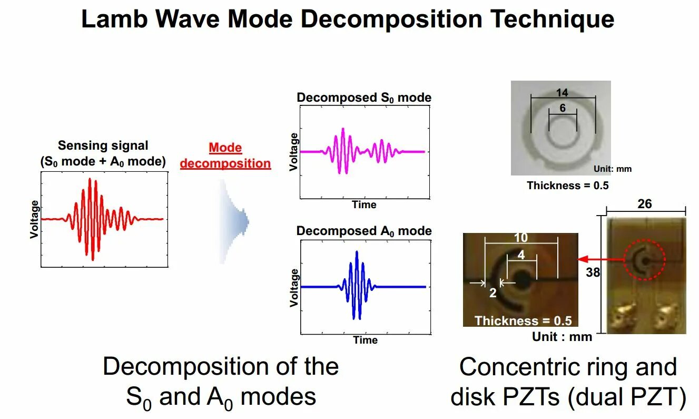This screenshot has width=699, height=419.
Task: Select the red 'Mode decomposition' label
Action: click(x=225, y=155)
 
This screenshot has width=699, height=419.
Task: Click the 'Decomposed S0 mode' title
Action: click(x=364, y=98)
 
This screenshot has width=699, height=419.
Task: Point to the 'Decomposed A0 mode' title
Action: click(x=364, y=231)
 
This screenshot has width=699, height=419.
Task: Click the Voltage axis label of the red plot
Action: click(x=35, y=219)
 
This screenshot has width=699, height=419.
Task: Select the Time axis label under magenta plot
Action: click(x=364, y=205)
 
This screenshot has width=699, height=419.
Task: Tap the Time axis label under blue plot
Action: click(x=365, y=340)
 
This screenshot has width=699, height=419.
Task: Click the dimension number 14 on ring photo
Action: click(x=562, y=93)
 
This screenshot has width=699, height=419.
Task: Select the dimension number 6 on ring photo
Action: click(x=563, y=108)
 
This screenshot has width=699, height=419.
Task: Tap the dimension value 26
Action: click(x=645, y=203)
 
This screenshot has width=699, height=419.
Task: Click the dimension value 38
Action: click(x=593, y=272)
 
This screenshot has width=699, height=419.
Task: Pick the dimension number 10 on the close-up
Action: click(x=520, y=238)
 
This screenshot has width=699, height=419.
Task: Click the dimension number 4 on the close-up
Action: click(x=521, y=255)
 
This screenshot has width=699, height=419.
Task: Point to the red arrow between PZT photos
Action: click(x=600, y=259)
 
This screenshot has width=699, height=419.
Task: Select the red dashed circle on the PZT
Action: click(x=644, y=259)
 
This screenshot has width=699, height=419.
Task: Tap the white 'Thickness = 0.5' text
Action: click(x=523, y=320)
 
